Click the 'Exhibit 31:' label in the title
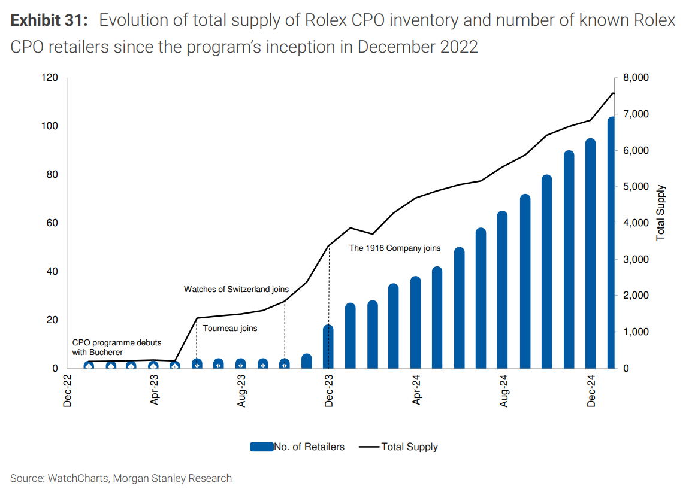(49, 20)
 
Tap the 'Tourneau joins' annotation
(229, 328)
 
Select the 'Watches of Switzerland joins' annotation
(236, 289)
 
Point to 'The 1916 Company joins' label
(394, 248)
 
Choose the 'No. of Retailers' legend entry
(297, 447)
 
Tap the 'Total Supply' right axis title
(661, 213)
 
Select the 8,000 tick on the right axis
(635, 78)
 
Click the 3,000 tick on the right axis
(635, 259)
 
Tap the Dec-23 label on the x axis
(329, 391)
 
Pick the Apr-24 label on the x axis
(416, 391)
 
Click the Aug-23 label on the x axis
(241, 391)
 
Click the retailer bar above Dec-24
(590, 254)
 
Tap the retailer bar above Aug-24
(503, 290)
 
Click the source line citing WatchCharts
(121, 478)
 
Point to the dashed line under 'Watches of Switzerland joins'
(285, 332)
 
